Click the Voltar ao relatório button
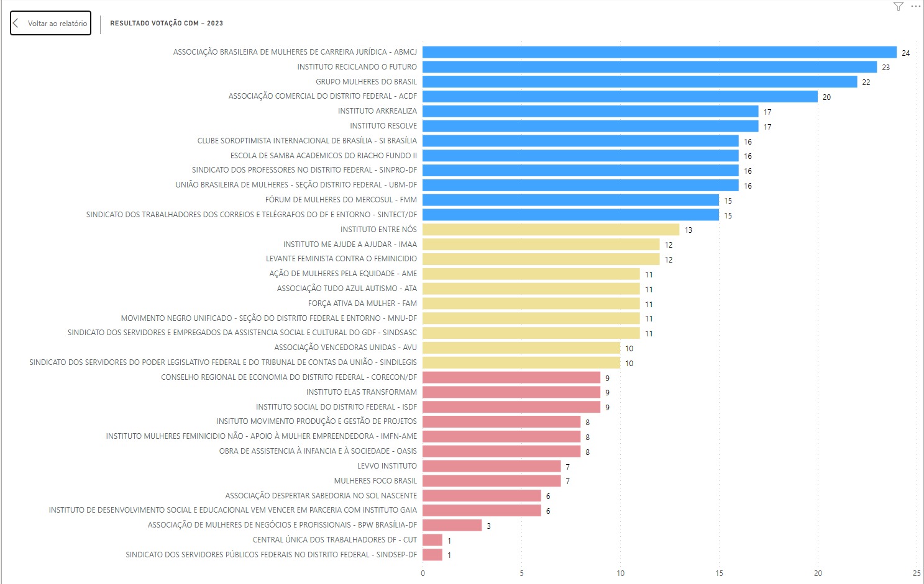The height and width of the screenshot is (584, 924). coord(51,24)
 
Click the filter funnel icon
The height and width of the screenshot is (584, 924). coord(898,6)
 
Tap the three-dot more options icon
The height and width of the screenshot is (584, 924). coord(915,6)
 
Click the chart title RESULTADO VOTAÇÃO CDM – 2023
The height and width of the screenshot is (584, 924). coord(167,24)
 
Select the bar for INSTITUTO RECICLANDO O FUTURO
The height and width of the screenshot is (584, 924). coord(649,67)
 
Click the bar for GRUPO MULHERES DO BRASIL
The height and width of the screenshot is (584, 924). coord(639,82)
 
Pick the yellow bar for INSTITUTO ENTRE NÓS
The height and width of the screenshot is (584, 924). coord(551,230)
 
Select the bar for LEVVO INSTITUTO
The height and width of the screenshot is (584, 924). coord(492,466)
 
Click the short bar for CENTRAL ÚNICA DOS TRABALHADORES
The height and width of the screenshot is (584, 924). coord(432,540)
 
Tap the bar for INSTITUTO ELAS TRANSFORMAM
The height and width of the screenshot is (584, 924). coord(511,392)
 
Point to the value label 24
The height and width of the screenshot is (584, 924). coord(906,53)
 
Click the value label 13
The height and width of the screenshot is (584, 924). coord(688,230)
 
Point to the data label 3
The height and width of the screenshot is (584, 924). coord(489,526)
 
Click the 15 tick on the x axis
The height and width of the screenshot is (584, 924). coord(719,573)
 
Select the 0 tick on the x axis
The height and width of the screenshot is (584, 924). coord(423,573)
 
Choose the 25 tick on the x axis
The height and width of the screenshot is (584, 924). coord(917,573)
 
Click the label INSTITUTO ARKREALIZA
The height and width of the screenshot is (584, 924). coord(377,111)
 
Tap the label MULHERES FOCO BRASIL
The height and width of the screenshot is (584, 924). coord(375,481)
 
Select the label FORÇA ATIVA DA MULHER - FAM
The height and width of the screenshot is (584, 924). coord(362,303)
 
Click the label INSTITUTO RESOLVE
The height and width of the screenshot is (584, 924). coord(383,126)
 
